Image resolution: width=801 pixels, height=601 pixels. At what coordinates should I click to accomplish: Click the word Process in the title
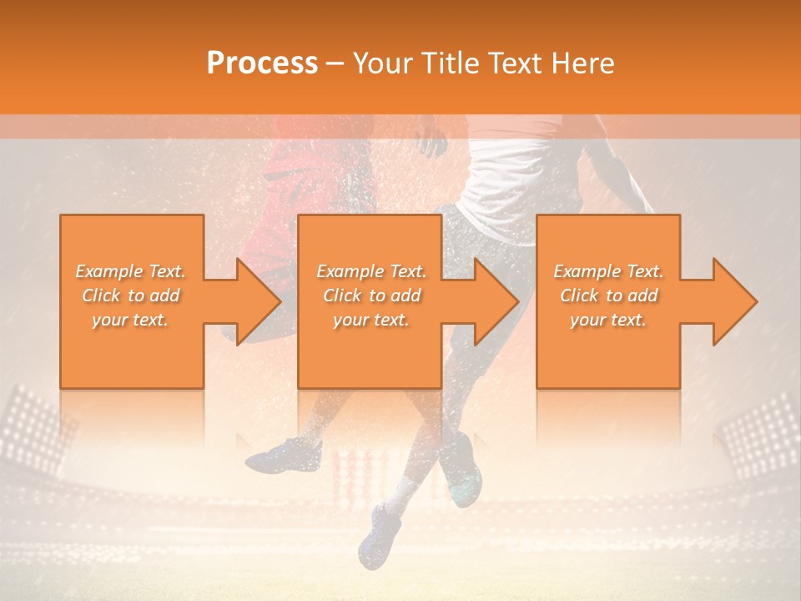[262, 63]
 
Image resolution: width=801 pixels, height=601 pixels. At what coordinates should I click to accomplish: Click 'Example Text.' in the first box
[131, 271]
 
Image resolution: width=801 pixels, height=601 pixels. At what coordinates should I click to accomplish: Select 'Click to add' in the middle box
[371, 295]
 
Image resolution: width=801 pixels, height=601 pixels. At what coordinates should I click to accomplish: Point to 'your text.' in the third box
[607, 320]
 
